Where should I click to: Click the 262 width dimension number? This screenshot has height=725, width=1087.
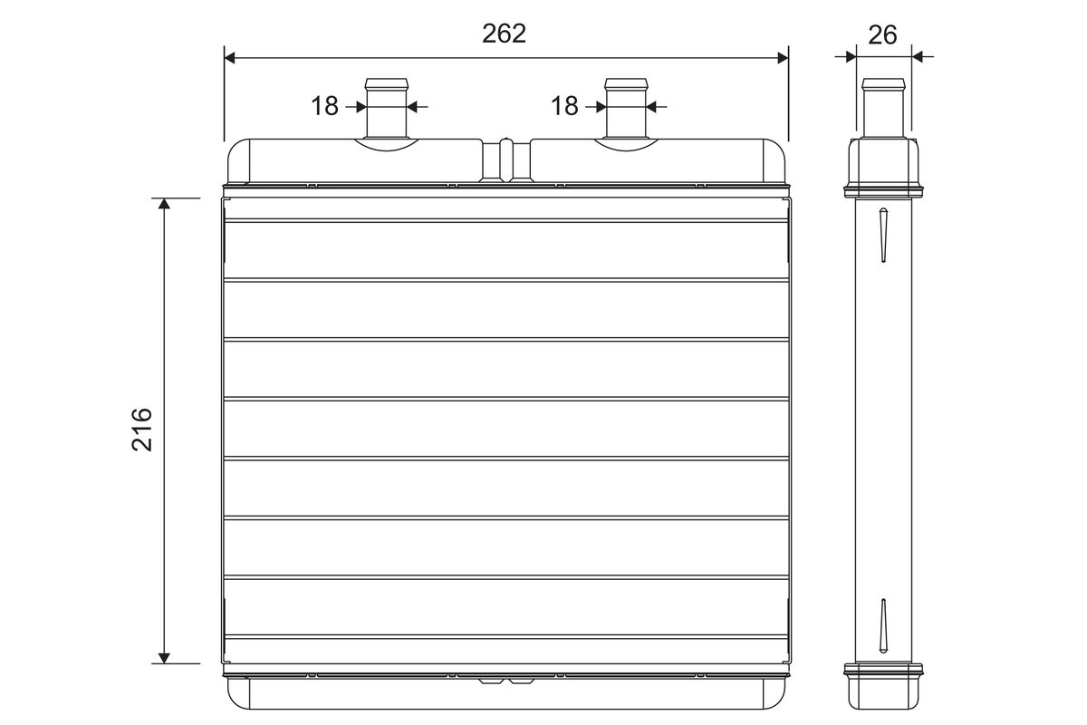coord(504,34)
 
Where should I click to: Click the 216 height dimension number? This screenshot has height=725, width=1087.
coord(142,430)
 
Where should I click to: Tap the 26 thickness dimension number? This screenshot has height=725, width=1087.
coord(882,35)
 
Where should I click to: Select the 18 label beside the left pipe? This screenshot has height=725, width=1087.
coord(324,106)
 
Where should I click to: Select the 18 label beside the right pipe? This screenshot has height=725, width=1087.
coord(564,106)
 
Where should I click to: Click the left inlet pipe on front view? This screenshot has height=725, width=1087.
coord(386,108)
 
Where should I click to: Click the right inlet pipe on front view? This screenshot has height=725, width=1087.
coord(626,108)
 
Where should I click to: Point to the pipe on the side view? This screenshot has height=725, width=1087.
coord(883,108)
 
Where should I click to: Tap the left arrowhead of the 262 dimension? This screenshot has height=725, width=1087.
coord(229,58)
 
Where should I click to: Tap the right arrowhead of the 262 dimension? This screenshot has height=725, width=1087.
coord(783,58)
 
